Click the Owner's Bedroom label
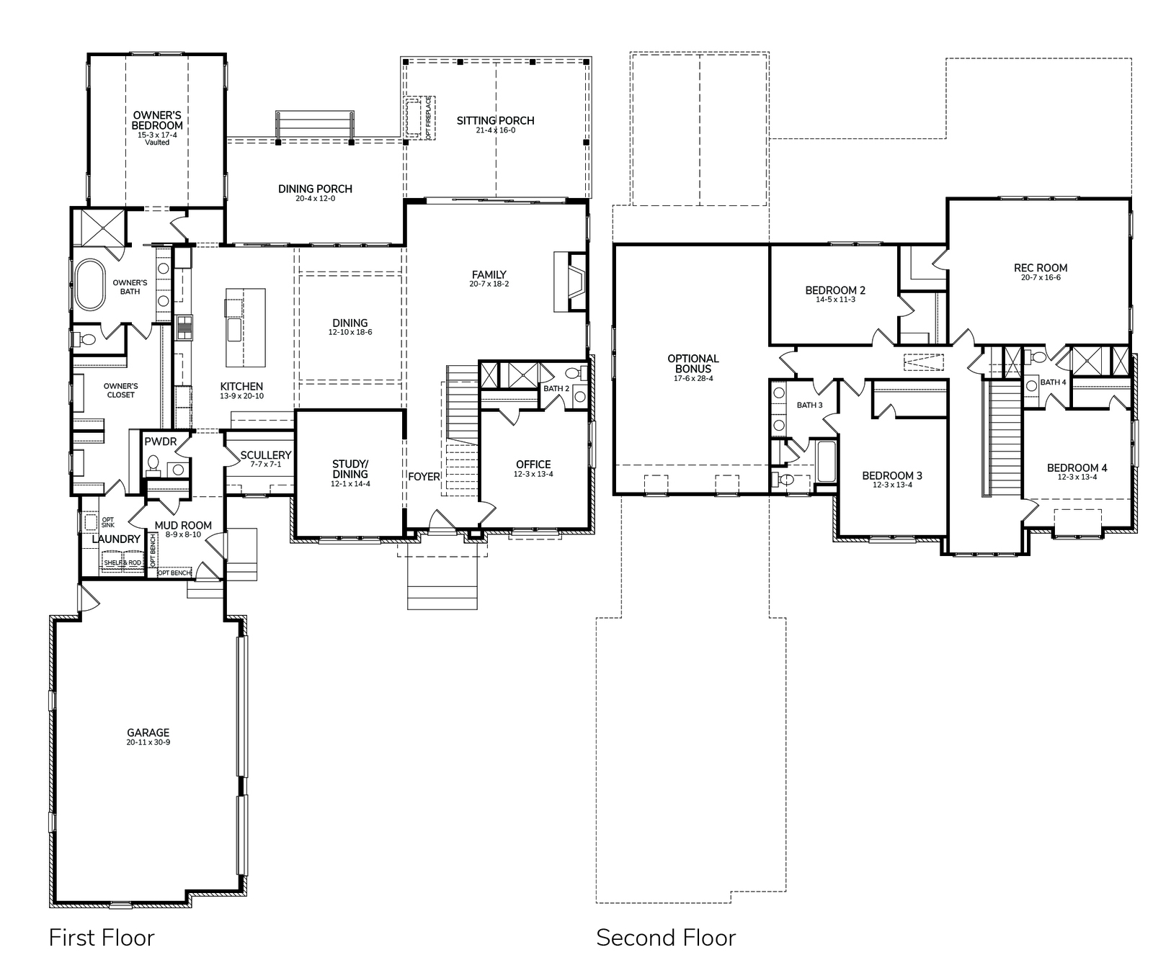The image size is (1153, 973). pyautogui.click(x=157, y=120)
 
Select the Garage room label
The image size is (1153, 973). pyautogui.click(x=148, y=732)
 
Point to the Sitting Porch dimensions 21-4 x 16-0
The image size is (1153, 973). pyautogui.click(x=495, y=130)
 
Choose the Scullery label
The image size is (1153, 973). pyautogui.click(x=266, y=455)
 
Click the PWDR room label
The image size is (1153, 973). pyautogui.click(x=160, y=441)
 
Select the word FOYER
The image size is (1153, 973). pyautogui.click(x=424, y=477)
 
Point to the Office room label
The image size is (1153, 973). pyautogui.click(x=533, y=465)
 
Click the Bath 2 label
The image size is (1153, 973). pyautogui.click(x=556, y=389)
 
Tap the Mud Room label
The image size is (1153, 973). pyautogui.click(x=183, y=525)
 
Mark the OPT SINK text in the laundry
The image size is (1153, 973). pyautogui.click(x=107, y=522)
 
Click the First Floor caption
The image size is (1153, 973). pyautogui.click(x=102, y=938)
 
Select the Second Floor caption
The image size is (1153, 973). pyautogui.click(x=666, y=938)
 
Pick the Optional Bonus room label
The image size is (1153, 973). pyautogui.click(x=693, y=364)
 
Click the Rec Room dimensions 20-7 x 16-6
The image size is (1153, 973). pyautogui.click(x=1041, y=277)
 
